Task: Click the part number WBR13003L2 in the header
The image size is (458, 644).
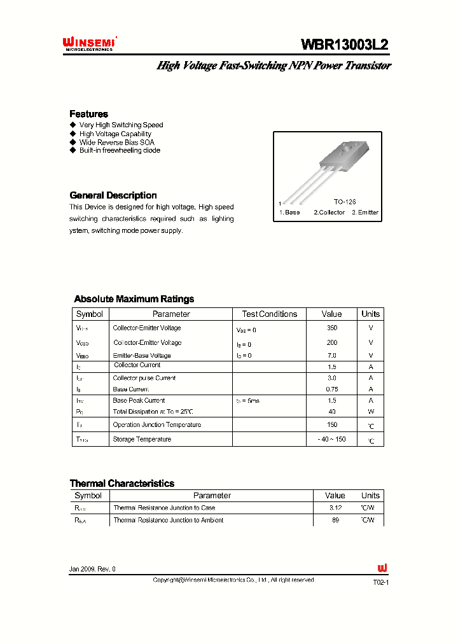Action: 344,45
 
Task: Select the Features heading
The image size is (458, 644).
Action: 88,114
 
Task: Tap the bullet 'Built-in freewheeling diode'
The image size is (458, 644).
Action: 119,151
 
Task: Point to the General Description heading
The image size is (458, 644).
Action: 113,195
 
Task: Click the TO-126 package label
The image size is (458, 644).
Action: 345,201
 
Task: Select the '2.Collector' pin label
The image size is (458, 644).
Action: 329,213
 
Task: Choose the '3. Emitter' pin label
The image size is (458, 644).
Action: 365,213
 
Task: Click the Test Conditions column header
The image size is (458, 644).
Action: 269,314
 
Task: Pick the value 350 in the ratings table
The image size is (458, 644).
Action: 331,328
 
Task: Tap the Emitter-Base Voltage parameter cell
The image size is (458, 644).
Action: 142,356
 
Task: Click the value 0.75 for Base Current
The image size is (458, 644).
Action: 331,389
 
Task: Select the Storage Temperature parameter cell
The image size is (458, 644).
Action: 142,439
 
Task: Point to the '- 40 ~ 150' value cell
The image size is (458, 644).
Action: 331,439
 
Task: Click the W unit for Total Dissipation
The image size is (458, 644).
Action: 370,412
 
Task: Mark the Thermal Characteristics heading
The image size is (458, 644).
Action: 121,484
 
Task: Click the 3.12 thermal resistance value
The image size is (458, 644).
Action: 335,508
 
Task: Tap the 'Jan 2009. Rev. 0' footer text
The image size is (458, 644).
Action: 93,569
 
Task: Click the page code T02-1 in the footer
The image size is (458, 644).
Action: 380,582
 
